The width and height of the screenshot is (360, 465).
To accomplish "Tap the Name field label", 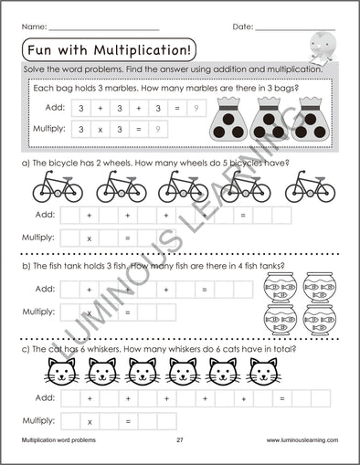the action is pyautogui.click(x=34, y=27).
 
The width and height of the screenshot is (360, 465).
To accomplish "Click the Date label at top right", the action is pyautogui.click(x=242, y=27).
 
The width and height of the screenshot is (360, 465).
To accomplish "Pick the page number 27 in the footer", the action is pyautogui.click(x=181, y=439).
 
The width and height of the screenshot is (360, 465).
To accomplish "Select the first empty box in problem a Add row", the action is pyautogui.click(x=69, y=216).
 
